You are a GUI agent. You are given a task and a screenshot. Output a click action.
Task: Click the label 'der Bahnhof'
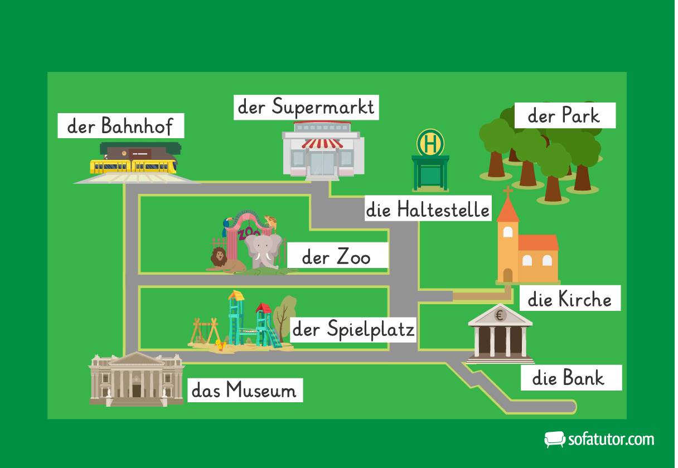pos(120,126)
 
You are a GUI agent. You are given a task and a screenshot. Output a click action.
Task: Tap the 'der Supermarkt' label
pos(306,107)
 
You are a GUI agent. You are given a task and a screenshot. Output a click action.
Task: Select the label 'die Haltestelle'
pos(428,209)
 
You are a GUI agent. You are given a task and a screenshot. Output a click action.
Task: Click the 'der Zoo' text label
pos(336,258)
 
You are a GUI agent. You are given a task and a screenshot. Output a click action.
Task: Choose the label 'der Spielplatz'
pos(353,330)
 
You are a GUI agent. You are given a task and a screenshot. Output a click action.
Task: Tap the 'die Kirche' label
pos(569,300)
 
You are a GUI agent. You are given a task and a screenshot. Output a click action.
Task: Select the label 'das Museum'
pos(244,390)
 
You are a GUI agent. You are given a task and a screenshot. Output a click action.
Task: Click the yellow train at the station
pos(134,166)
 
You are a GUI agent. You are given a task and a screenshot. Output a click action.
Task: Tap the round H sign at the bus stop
pos(430,143)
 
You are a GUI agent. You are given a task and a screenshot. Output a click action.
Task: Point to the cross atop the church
pos(507,193)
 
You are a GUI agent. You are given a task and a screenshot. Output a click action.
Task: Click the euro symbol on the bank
pos(500,316)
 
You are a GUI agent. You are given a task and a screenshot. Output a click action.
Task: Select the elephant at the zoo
pos(263,251)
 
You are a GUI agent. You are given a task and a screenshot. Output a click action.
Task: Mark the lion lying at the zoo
pos(221,261)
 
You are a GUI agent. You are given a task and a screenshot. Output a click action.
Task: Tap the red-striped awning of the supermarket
pos(322,144)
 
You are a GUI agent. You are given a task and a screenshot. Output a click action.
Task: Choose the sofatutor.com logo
pos(599,439)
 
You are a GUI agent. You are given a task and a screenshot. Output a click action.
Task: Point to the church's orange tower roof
pos(507,211)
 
